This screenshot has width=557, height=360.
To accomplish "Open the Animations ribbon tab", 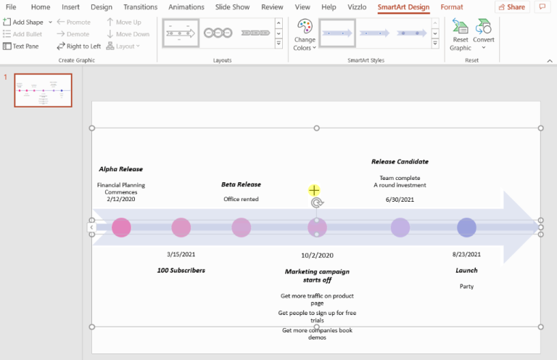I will (x=186, y=7).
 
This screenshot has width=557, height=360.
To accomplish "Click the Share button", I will (x=511, y=7).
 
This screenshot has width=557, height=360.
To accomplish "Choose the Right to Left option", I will (x=78, y=46).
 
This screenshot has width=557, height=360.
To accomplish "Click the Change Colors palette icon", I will (x=305, y=28).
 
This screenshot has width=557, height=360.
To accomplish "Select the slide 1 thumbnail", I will (x=43, y=90).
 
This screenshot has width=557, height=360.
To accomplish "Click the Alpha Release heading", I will (x=121, y=169).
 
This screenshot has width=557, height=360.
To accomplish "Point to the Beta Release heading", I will (x=241, y=184).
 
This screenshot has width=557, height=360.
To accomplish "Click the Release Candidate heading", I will (x=400, y=162).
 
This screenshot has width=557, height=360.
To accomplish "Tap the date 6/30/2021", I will (x=400, y=200).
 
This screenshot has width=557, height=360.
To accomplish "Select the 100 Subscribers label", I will (x=181, y=270).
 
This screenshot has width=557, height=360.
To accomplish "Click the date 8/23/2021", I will (x=466, y=255).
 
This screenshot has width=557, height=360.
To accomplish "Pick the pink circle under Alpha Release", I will (x=121, y=227).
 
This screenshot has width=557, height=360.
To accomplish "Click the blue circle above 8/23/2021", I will (x=466, y=227).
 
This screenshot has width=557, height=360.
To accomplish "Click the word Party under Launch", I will (x=466, y=287).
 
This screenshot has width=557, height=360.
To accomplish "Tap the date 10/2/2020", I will (x=317, y=255).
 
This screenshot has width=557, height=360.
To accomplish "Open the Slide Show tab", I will (x=232, y=7).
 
